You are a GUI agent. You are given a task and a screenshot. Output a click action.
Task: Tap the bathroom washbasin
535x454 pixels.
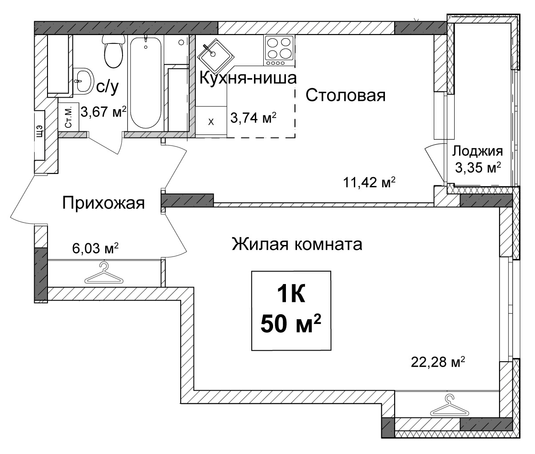[83, 81]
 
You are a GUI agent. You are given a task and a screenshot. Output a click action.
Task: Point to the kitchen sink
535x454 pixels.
[215, 56]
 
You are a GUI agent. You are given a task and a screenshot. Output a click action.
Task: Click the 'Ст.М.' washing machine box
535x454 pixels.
[68, 116]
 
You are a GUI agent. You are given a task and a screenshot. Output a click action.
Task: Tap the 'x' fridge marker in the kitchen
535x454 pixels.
[211, 122]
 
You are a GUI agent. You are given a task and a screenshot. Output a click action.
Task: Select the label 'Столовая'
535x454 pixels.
[345, 95]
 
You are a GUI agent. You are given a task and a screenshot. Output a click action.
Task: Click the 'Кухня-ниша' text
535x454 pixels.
[248, 78]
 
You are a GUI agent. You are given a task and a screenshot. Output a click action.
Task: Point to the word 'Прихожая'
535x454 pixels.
[103, 203]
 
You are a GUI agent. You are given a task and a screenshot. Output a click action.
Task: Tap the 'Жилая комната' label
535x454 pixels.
[297, 244]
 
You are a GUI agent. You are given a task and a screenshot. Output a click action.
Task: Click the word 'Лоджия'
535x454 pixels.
[478, 152]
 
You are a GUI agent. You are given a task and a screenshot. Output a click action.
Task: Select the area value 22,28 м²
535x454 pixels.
[438, 362]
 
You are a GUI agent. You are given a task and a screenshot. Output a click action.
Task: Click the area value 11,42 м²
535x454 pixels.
[369, 183]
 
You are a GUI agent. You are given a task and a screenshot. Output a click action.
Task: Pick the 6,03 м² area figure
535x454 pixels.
[95, 249]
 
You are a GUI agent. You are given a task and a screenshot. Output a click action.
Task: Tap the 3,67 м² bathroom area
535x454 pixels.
[103, 112]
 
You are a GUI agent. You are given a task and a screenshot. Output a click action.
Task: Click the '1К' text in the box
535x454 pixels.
[291, 295]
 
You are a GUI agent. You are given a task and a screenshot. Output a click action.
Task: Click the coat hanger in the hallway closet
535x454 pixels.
[104, 273]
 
